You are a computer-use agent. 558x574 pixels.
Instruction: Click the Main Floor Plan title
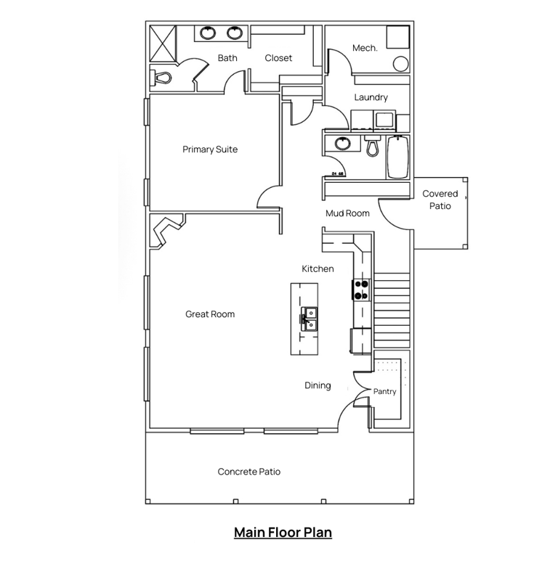point(283,532)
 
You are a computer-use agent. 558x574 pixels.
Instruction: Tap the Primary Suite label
point(210,149)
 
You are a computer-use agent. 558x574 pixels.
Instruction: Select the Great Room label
point(210,314)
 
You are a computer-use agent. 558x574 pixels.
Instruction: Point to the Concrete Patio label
point(249,472)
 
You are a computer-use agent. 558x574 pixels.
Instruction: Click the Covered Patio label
point(440,200)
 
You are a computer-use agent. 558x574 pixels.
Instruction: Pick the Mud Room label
point(347,213)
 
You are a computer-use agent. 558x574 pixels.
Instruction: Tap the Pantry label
point(384,391)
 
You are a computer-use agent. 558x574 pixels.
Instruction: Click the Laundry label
point(371,97)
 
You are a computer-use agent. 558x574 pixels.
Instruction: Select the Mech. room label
point(365,48)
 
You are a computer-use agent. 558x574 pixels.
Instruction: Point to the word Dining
point(318,385)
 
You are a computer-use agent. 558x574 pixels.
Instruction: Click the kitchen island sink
point(308,318)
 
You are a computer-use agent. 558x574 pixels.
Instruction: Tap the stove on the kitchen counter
point(361,289)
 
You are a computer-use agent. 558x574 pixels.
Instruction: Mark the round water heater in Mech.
point(399,63)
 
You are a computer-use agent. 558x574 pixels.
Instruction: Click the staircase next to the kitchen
point(392,309)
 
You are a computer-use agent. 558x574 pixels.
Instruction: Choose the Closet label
point(278,58)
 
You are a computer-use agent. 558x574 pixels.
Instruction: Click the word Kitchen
point(318,269)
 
